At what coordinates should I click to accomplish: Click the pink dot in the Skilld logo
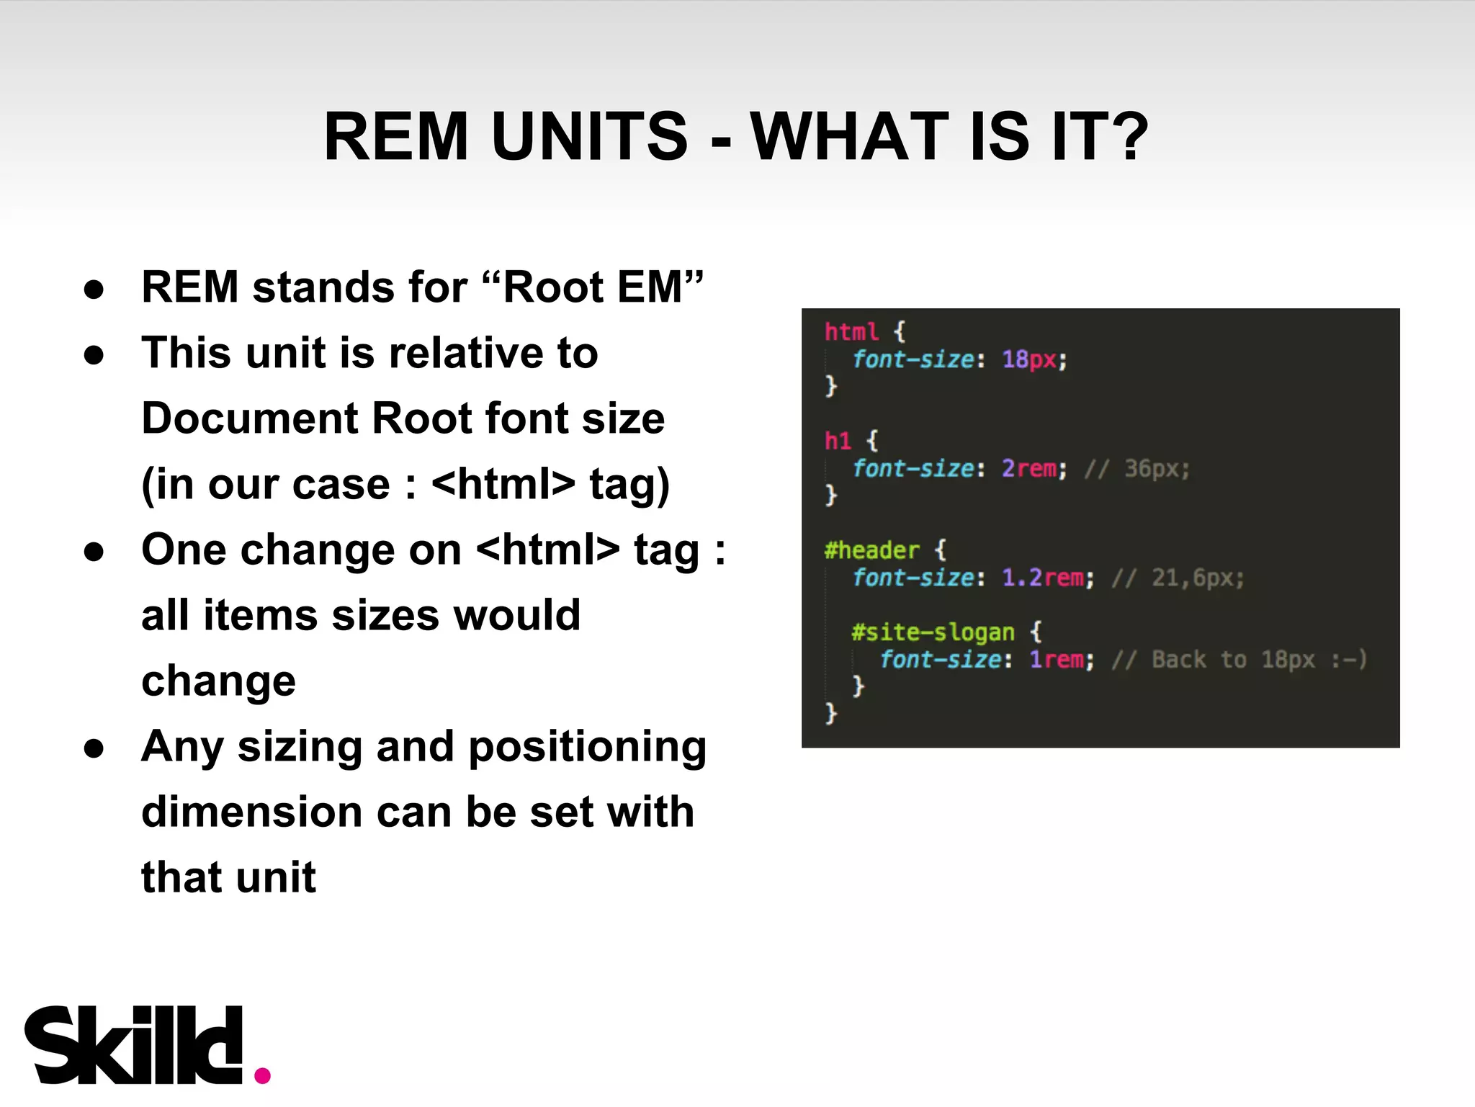263,1075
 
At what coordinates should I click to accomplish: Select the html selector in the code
851,332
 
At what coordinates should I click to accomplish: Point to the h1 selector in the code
838,441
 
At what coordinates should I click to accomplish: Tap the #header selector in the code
871,550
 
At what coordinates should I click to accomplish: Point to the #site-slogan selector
933,632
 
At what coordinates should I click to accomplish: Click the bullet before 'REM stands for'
94,289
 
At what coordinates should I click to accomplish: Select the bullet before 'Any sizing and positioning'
94,748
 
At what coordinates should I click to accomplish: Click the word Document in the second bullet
249,418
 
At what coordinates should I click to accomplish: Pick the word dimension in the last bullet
252,812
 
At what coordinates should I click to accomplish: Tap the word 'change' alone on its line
218,681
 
